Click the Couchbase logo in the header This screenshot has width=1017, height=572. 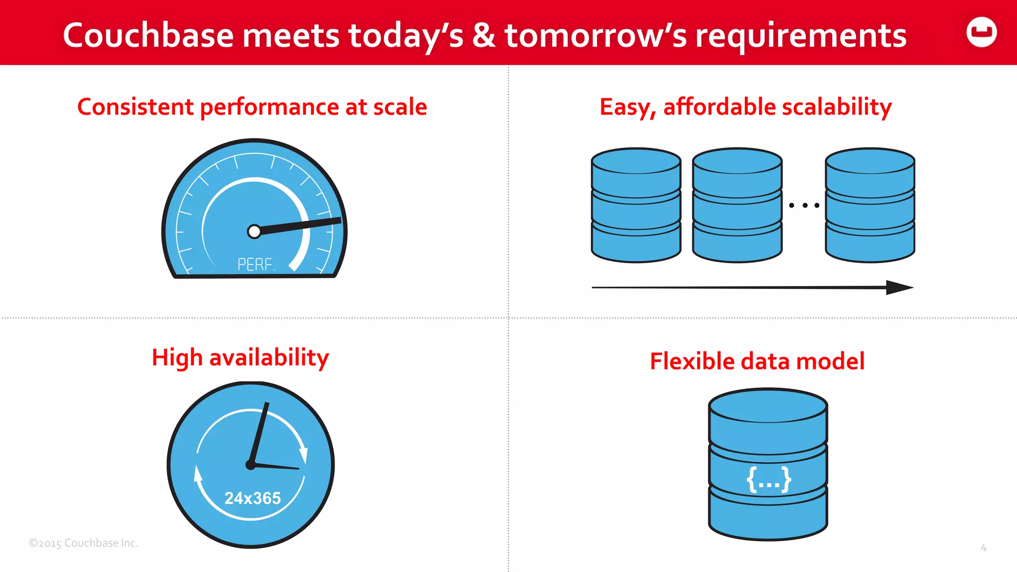(x=981, y=32)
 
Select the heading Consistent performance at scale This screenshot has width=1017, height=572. (x=252, y=107)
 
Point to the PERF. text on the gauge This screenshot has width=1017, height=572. (x=256, y=264)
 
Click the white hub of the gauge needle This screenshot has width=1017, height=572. (x=254, y=231)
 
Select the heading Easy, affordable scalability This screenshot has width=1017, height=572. (x=745, y=107)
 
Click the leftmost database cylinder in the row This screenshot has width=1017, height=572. (x=636, y=205)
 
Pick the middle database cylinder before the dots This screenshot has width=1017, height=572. (x=737, y=205)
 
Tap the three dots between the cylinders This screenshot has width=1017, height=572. (x=804, y=205)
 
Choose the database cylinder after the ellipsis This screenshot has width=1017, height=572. (x=870, y=205)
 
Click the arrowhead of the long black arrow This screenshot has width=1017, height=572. (x=899, y=287)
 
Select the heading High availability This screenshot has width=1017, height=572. (x=240, y=357)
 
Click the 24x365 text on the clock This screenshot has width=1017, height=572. (x=252, y=498)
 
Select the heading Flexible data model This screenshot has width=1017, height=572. (x=757, y=361)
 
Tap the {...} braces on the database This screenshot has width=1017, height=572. (x=769, y=480)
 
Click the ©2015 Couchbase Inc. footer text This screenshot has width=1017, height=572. (x=83, y=543)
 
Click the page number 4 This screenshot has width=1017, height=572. (x=983, y=548)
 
